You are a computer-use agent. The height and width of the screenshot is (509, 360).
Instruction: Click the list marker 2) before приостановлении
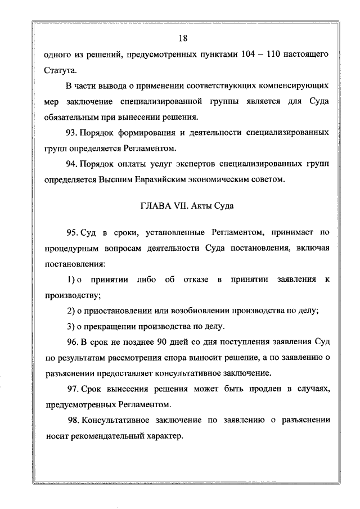tap(71, 311)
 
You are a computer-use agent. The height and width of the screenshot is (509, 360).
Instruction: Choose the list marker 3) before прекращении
tap(71, 326)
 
